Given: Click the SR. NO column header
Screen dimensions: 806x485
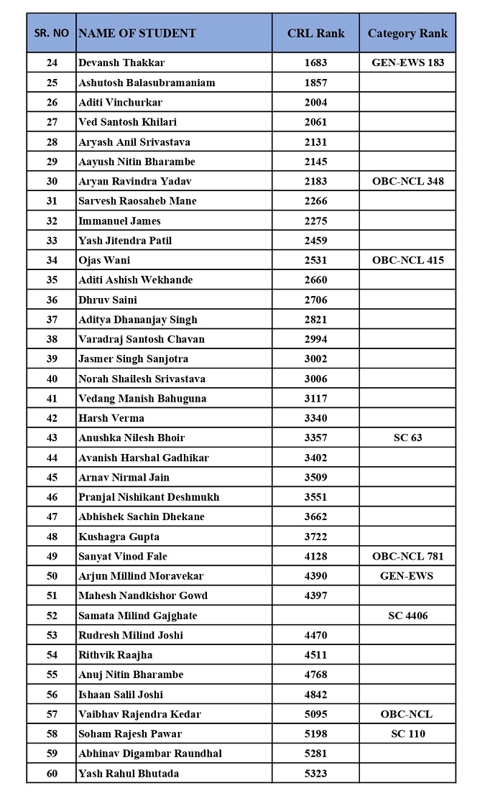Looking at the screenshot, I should coord(52,33).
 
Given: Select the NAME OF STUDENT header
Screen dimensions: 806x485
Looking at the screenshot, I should coord(137,33).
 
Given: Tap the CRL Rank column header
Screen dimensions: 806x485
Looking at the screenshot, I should coord(315,33).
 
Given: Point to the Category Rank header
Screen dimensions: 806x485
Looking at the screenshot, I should coord(407,33).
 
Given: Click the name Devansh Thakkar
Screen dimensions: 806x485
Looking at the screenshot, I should coord(121,62).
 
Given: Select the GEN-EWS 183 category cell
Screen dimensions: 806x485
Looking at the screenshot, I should coord(407,62).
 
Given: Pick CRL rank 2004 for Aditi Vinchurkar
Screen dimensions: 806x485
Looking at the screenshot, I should coord(315,102).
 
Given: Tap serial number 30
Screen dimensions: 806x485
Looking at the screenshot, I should coord(52,181).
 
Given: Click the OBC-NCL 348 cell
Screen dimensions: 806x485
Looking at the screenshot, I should coord(407,181).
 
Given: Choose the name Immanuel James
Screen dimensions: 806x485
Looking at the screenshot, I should coord(119,221).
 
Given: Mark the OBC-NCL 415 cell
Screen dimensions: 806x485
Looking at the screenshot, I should coord(407,260).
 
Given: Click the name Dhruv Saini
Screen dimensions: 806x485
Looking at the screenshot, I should coord(107,300).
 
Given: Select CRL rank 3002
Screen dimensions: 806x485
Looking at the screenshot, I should coord(315,358).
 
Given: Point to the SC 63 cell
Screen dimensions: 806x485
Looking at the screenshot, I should coord(407,437).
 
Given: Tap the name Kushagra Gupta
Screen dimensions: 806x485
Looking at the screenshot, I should coord(119,537).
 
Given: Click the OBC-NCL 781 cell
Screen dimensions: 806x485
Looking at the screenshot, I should coord(407,556).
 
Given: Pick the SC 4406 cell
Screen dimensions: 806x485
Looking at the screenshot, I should coord(407,616).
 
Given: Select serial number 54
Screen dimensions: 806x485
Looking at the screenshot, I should coord(52,654).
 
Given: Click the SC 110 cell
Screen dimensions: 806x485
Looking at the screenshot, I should coord(407,733).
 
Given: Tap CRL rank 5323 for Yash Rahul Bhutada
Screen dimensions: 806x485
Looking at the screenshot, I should coord(315,773).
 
